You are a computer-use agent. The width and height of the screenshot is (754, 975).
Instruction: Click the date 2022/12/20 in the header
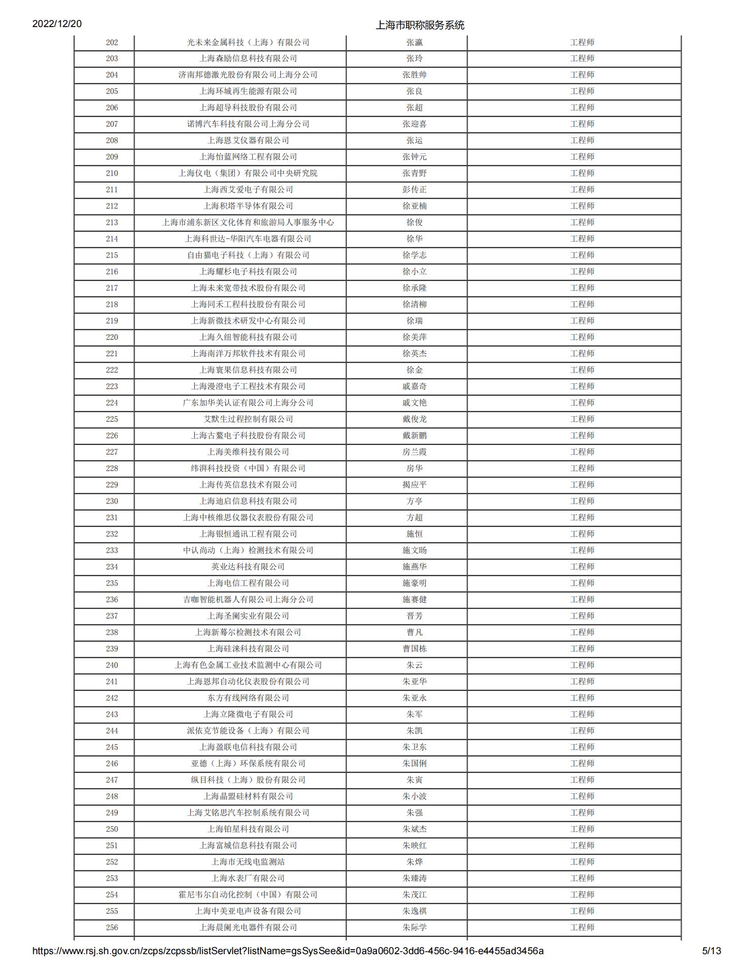(57, 23)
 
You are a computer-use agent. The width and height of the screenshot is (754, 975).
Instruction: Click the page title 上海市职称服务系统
(420, 25)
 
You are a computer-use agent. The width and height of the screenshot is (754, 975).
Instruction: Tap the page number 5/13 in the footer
(711, 951)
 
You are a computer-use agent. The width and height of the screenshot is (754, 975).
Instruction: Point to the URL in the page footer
(288, 951)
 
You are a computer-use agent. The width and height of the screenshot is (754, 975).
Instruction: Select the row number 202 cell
(112, 43)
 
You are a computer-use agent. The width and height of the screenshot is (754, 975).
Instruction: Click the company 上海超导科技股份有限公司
(248, 108)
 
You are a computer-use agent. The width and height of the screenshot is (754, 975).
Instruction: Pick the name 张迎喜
(414, 124)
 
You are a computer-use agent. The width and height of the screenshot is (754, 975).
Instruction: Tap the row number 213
(112, 222)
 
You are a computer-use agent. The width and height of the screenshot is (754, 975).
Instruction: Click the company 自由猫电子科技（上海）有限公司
(248, 255)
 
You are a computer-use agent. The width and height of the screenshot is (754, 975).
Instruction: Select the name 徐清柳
(414, 304)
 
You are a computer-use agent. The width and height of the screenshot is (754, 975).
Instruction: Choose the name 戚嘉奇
(414, 386)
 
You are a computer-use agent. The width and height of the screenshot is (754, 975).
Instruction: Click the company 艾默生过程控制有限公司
(248, 419)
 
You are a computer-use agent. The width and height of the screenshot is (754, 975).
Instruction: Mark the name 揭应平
(414, 485)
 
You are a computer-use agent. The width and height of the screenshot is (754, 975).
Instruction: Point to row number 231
(112, 517)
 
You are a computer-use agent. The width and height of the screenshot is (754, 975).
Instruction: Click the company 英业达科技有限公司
(248, 567)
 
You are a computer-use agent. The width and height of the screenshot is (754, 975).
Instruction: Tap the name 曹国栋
(414, 649)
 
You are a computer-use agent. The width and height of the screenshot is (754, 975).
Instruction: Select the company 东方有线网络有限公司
(248, 698)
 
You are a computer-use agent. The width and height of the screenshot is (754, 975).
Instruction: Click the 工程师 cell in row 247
(582, 780)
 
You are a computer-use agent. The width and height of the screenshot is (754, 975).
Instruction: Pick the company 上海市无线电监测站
(248, 862)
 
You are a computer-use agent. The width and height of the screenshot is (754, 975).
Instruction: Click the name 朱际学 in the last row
(414, 927)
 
